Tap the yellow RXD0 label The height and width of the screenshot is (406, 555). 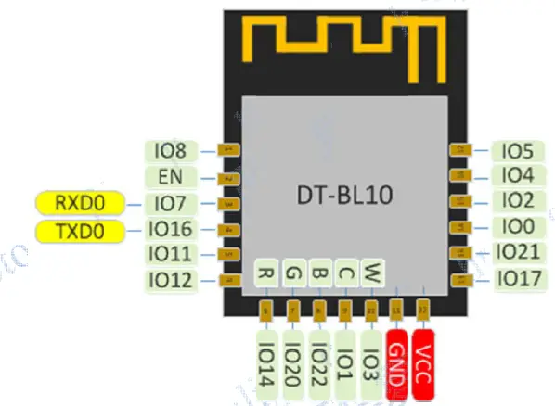tap(73, 202)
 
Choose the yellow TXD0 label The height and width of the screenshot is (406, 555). tap(73, 229)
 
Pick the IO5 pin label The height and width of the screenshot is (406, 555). tap(516, 150)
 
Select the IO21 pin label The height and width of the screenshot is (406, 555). tap(516, 251)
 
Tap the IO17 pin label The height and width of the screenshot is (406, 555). tap(516, 277)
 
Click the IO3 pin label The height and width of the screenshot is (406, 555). tap(370, 358)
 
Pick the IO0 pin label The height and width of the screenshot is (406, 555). tap(516, 226)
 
